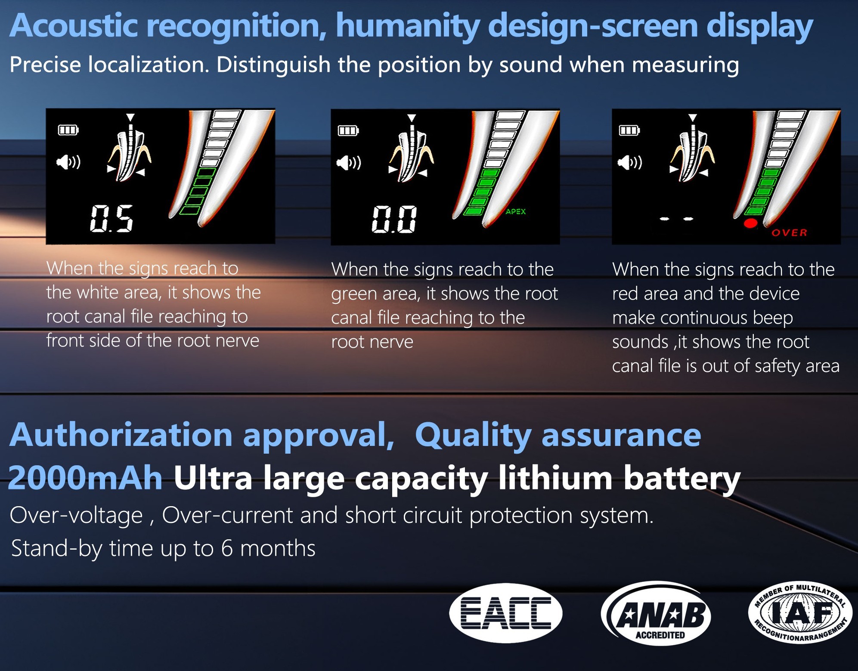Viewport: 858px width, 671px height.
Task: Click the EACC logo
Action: pos(505,613)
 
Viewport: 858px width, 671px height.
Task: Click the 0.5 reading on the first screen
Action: pos(112,218)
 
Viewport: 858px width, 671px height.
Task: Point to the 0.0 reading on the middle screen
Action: pos(394,219)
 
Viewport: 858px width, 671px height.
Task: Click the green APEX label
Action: pos(515,211)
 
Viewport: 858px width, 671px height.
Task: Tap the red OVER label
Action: pos(789,233)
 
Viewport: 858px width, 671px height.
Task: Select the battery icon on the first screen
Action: pos(68,130)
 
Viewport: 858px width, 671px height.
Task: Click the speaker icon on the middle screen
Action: pos(349,163)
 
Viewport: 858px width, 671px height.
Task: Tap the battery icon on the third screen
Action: pos(629,130)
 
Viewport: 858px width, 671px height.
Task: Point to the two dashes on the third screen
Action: pos(676,219)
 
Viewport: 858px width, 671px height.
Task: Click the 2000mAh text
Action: pos(85,478)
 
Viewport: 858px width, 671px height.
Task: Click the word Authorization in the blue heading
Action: pos(121,435)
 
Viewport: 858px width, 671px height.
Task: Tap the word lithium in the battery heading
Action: pos(555,478)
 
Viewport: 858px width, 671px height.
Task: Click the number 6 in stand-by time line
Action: pos(227,548)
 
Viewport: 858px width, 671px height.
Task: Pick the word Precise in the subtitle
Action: pos(45,65)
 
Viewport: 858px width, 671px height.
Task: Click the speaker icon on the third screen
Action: pos(630,163)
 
